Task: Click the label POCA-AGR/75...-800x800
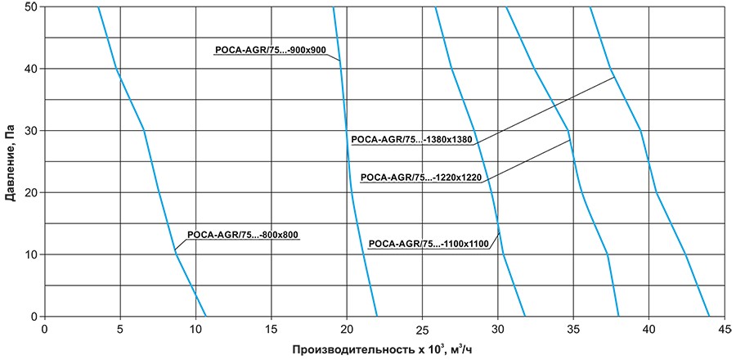click(244, 235)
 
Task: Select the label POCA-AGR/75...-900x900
click(271, 51)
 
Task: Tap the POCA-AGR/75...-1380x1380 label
click(412, 140)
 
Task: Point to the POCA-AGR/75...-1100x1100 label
click(429, 243)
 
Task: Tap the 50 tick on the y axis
click(30, 7)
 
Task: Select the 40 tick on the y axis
click(30, 69)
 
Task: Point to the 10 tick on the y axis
click(30, 254)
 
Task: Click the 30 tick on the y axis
click(30, 131)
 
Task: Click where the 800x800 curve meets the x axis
click(206, 316)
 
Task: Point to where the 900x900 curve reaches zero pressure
click(377, 316)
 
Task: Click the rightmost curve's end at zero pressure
click(709, 316)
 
